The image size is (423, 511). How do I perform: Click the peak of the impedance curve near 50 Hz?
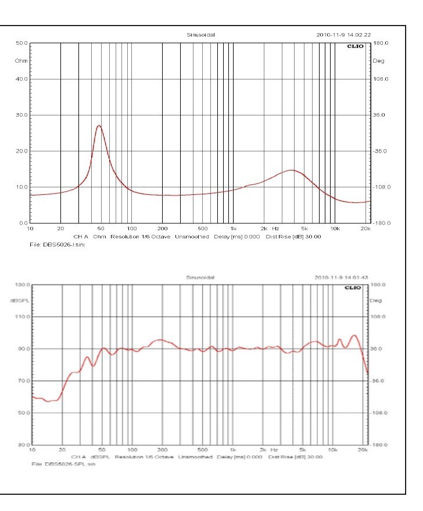pyautogui.click(x=99, y=125)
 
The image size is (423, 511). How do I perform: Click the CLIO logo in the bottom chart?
pyautogui.click(x=353, y=287)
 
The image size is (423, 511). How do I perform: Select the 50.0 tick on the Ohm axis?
pyautogui.click(x=22, y=44)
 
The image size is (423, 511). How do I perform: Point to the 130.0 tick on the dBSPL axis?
pyautogui.click(x=21, y=285)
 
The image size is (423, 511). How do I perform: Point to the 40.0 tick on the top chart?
pyautogui.click(x=22, y=79)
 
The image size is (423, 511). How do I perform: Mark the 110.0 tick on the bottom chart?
pyautogui.click(x=21, y=317)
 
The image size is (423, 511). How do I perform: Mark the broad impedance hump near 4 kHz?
pyautogui.click(x=291, y=170)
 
